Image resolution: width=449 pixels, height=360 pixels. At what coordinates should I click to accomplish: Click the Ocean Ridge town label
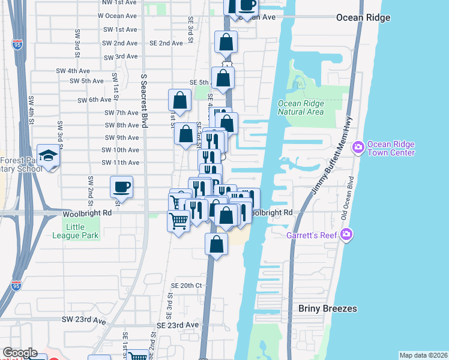coord(363,17)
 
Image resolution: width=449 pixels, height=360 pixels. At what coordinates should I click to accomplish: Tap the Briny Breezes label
coord(328,308)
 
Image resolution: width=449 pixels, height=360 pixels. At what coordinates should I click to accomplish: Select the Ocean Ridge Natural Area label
coord(301,107)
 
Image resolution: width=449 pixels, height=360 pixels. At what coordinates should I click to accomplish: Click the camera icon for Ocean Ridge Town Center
coord(358,147)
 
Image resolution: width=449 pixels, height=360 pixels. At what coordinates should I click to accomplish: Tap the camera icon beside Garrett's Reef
coord(345,233)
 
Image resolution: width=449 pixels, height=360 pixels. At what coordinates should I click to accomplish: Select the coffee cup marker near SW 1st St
coord(122,187)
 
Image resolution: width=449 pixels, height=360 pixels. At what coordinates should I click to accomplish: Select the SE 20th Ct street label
coord(185,285)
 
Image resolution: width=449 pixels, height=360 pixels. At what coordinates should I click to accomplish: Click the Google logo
coord(20,353)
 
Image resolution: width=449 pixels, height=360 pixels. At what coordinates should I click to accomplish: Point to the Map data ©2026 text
coord(423,355)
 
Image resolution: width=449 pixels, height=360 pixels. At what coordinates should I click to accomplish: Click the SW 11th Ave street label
coord(120,163)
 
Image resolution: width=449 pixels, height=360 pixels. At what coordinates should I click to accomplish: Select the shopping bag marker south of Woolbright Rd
coord(217,244)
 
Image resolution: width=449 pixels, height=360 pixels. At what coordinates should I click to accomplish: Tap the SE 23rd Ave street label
coord(177,325)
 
